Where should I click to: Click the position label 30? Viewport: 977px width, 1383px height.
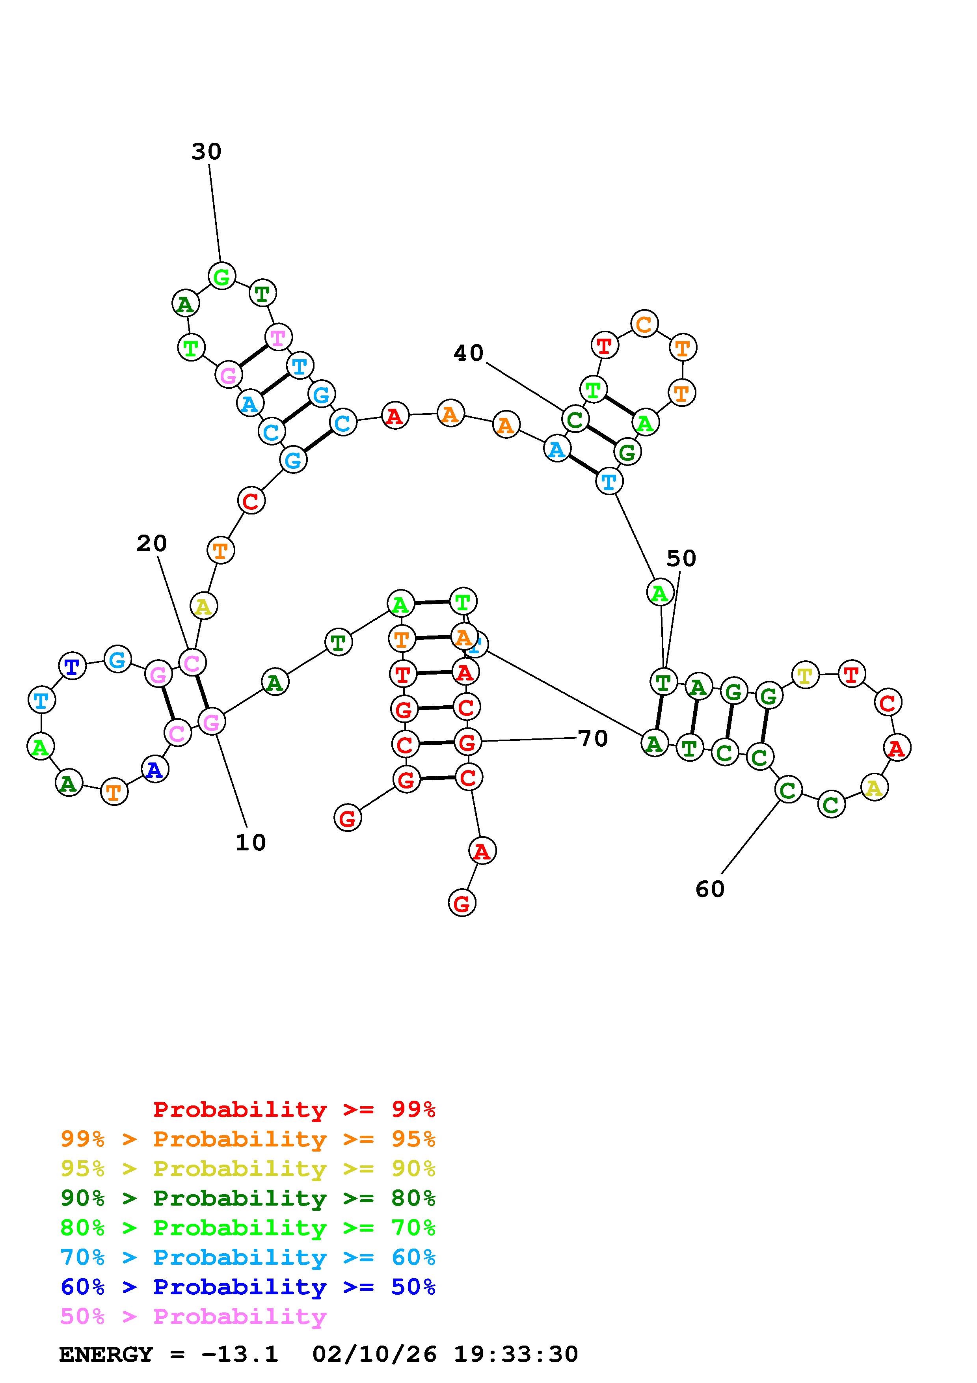(207, 152)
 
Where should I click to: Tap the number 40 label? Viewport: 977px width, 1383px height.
(468, 353)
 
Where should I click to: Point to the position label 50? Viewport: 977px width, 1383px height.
(681, 559)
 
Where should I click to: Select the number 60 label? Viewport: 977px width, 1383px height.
(710, 889)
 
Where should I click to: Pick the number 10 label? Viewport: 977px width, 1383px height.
(250, 842)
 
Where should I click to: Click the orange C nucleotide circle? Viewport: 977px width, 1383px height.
(644, 324)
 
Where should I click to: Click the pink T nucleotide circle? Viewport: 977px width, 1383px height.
(278, 337)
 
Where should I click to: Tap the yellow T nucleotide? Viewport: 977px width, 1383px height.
(805, 676)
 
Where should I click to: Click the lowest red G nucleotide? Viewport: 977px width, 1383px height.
(462, 904)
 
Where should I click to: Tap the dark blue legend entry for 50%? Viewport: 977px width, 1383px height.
(248, 1287)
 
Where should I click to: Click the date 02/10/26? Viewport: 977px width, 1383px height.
(374, 1355)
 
